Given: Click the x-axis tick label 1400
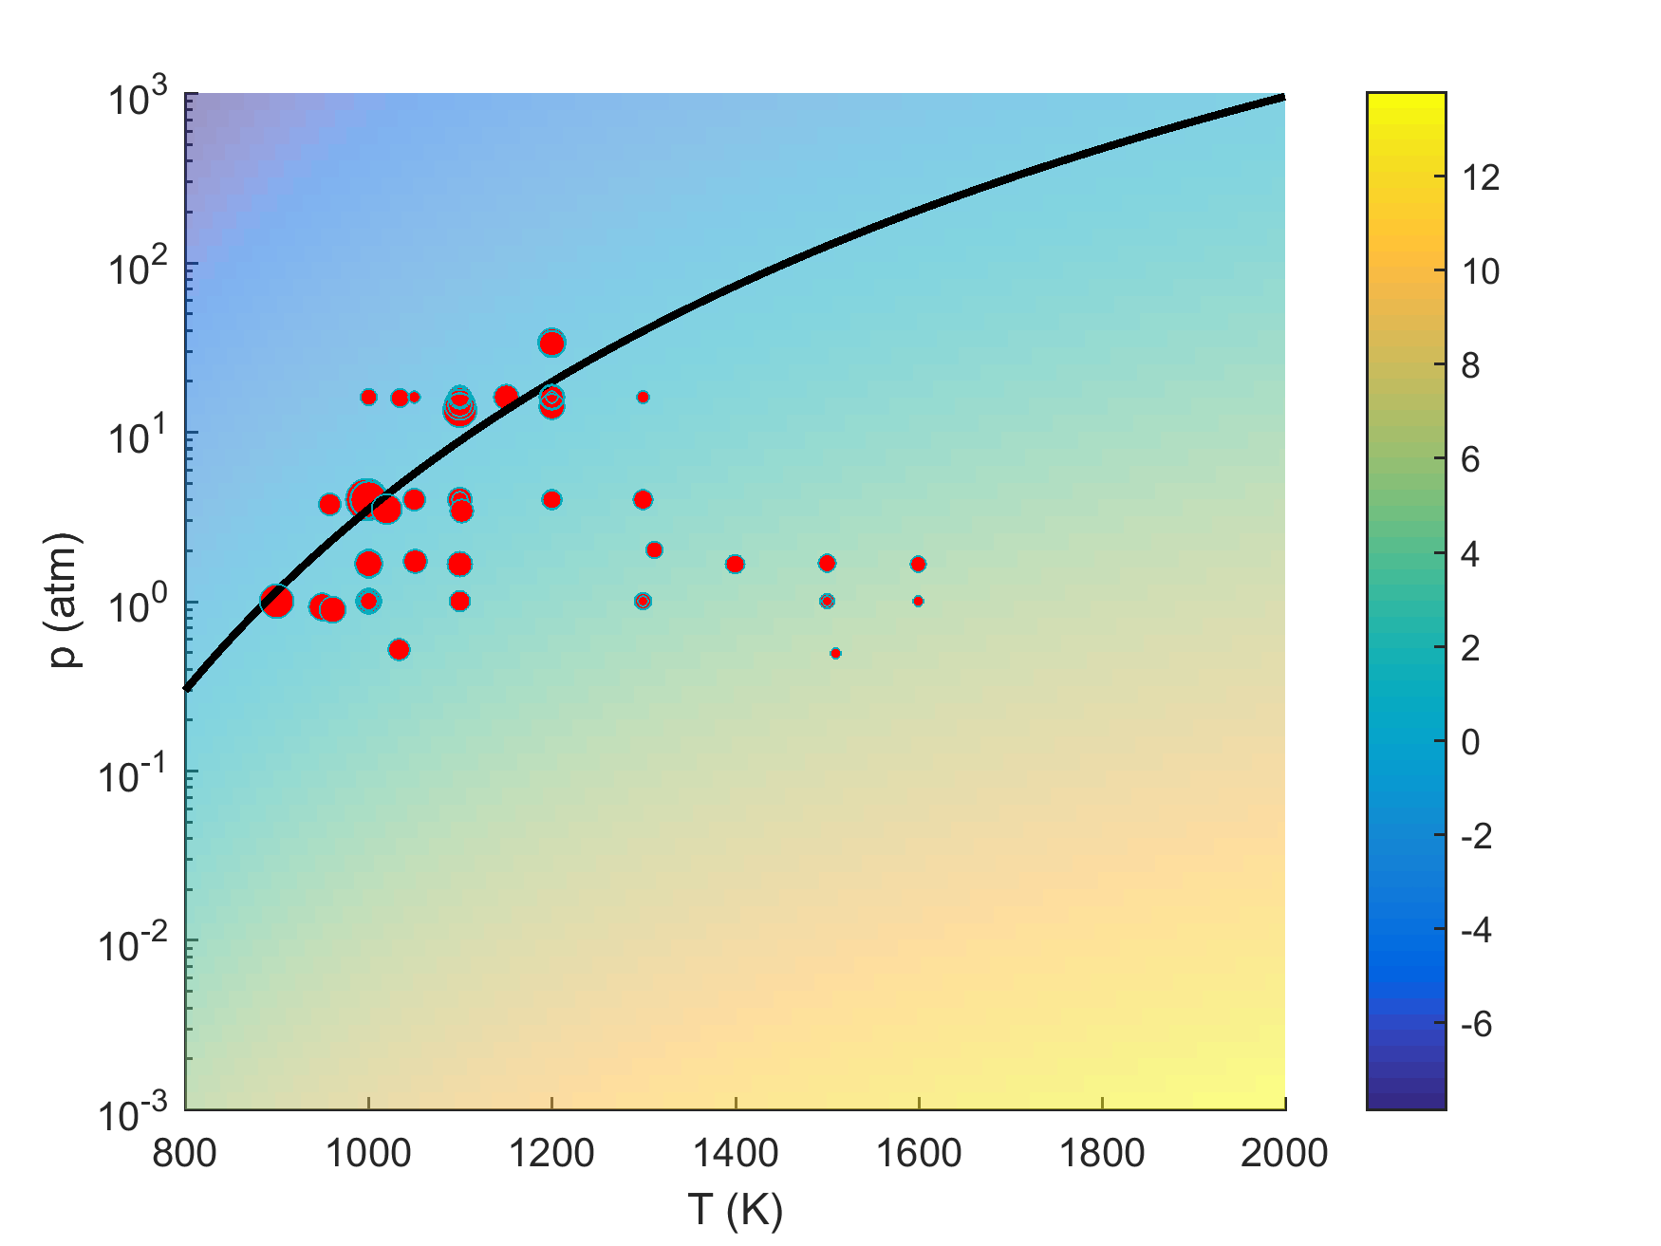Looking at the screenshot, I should click(736, 1153).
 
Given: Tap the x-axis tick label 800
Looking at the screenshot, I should click(185, 1153).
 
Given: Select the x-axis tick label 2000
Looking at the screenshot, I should click(1284, 1153).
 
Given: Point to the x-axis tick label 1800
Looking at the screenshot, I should click(1101, 1153).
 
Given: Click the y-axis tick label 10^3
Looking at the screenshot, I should click(138, 99).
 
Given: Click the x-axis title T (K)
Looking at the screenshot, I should click(736, 1210).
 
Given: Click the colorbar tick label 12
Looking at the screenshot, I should click(1481, 177).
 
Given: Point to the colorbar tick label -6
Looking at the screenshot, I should click(1476, 1024).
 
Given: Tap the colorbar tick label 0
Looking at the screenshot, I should click(1470, 742).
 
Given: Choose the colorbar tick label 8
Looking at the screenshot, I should click(1470, 365).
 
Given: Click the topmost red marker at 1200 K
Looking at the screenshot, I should click(551, 343).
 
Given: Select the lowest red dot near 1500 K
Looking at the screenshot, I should click(835, 653).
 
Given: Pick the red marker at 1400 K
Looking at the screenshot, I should click(735, 565).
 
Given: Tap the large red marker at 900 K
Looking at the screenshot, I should click(276, 601).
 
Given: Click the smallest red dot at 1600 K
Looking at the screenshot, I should click(918, 601).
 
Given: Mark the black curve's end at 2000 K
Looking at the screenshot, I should click(1282, 97).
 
